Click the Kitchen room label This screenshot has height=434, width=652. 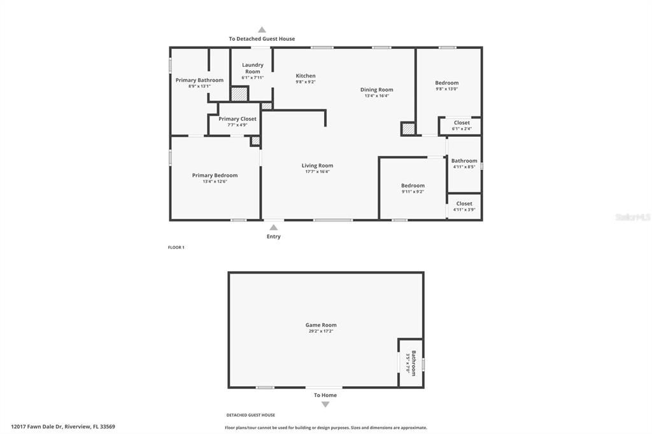[306, 76]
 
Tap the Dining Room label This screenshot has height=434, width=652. [377, 90]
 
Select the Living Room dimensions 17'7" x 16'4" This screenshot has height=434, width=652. [317, 172]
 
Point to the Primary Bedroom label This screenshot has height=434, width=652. [215, 176]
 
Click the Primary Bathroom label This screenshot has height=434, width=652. [199, 80]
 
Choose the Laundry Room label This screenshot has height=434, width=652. [253, 68]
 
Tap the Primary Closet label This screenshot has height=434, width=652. [237, 119]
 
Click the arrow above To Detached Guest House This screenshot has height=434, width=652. [262, 29]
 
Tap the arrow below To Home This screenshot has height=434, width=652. [325, 404]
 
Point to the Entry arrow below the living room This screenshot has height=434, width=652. [273, 227]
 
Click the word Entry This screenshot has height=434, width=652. [273, 237]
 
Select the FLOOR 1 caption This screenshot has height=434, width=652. [176, 248]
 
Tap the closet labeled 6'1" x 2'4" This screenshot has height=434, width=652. [462, 125]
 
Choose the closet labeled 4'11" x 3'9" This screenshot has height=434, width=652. [464, 206]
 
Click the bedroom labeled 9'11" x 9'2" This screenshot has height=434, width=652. [413, 188]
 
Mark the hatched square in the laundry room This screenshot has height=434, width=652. [239, 94]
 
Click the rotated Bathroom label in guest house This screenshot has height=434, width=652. [413, 363]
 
